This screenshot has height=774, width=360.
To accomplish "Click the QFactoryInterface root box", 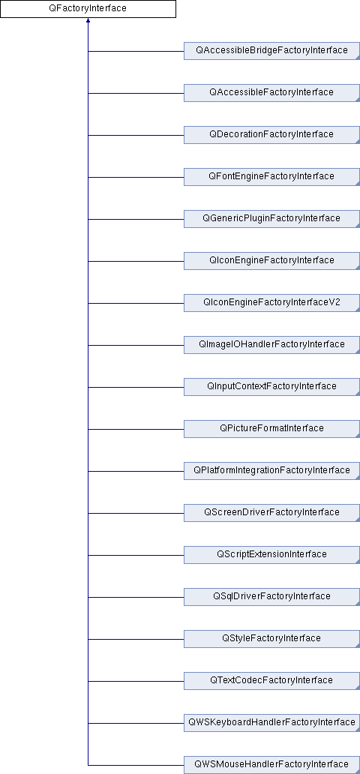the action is tap(88, 9).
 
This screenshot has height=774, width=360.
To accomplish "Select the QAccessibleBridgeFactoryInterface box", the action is tap(271, 50).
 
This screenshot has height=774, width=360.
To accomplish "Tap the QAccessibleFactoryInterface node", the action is tap(271, 92).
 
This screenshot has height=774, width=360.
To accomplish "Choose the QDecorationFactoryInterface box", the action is tap(271, 134).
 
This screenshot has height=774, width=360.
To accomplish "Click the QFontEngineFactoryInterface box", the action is tap(271, 176).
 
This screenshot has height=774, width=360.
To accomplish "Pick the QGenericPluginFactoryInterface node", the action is tap(271, 218).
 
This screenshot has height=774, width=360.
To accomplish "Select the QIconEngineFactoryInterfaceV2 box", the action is tap(271, 302).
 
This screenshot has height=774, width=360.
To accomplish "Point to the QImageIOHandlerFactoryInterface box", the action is tap(271, 344).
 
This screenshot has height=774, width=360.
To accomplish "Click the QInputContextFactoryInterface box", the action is tap(271, 386).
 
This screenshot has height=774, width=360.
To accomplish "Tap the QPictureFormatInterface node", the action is tap(271, 428).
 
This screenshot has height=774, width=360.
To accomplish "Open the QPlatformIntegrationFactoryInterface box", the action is tap(271, 470).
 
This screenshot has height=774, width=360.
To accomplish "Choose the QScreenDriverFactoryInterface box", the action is tap(271, 512).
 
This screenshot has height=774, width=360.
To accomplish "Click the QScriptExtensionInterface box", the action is tap(271, 553).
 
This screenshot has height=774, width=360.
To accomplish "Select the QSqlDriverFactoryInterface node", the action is tap(271, 595).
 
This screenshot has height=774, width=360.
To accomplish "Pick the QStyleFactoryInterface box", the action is tap(271, 637).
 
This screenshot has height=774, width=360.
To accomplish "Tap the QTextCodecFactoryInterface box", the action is tap(271, 679).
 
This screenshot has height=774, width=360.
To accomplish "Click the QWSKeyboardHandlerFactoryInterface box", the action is tap(271, 721).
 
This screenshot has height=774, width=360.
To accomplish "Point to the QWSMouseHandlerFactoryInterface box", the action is tap(271, 763).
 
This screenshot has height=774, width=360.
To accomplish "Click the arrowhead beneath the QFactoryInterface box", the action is tap(88, 21).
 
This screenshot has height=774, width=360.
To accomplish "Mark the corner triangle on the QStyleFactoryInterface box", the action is tap(358, 645).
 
